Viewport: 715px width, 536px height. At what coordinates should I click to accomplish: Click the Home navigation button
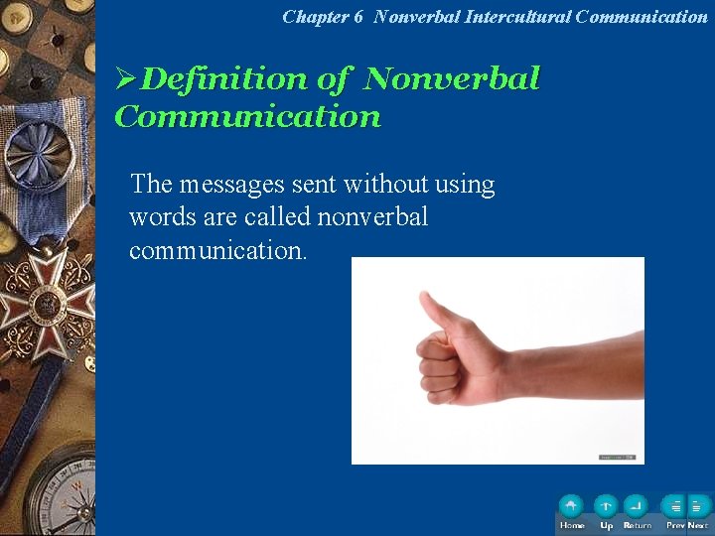(571, 506)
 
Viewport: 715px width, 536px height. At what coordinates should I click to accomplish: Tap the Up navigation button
(606, 506)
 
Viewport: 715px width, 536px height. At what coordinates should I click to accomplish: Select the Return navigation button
(637, 506)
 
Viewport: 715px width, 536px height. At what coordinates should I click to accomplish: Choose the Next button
(698, 506)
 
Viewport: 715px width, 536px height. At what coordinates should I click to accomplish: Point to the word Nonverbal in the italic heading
(452, 78)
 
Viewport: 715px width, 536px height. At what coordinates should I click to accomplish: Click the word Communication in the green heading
(247, 117)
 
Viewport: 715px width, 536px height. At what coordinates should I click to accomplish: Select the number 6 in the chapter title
(357, 16)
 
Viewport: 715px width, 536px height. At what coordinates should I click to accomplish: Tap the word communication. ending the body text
(217, 250)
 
